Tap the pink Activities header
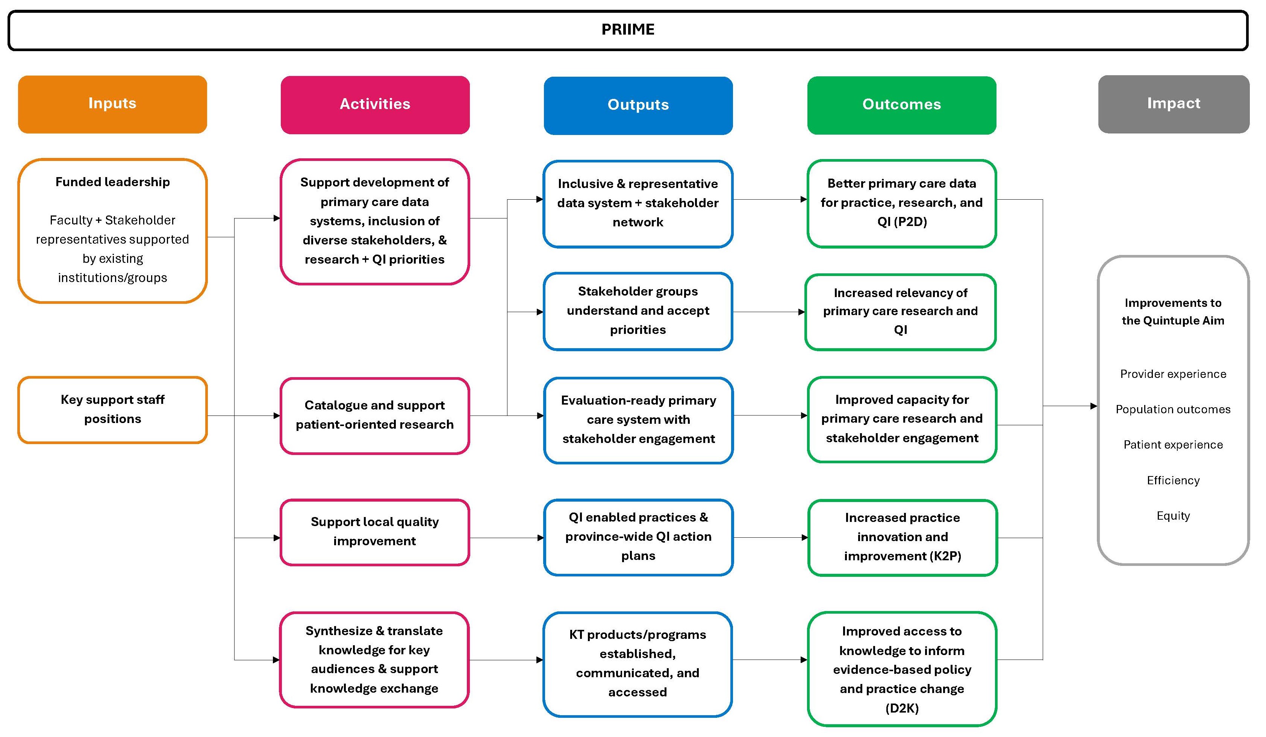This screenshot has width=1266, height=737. click(x=375, y=105)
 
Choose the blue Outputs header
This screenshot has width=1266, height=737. click(x=638, y=105)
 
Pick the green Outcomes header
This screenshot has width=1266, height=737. click(x=901, y=105)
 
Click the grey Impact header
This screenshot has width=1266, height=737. click(x=1173, y=103)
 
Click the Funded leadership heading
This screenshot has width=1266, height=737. click(x=112, y=182)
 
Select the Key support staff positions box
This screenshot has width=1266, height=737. click(x=112, y=409)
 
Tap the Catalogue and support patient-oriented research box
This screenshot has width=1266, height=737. click(x=375, y=415)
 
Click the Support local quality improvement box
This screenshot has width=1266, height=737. click(x=375, y=532)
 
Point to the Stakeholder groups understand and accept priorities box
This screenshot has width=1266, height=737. click(x=638, y=311)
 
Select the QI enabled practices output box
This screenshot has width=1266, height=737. click(x=638, y=537)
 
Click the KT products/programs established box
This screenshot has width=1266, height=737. click(x=638, y=663)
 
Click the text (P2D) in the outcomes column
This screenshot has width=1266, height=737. click(x=909, y=221)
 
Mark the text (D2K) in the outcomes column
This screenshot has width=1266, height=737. click(x=902, y=708)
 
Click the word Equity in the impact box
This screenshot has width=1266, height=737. click(x=1173, y=516)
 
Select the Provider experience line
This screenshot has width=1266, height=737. click(x=1173, y=374)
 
